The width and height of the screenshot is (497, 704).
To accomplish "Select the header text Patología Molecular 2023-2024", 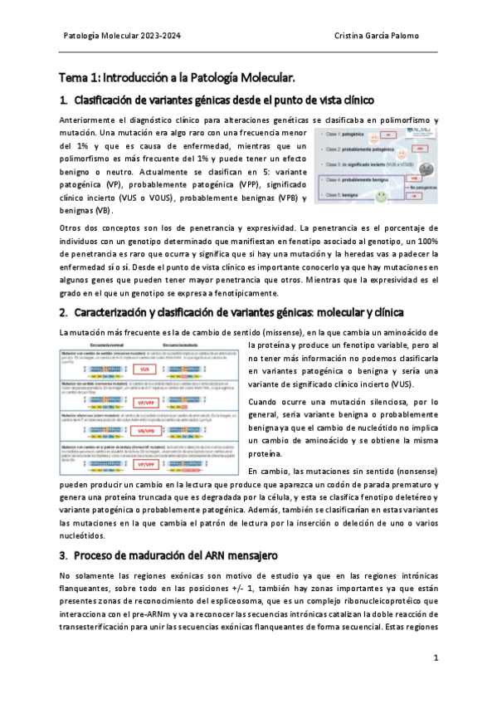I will (x=123, y=37).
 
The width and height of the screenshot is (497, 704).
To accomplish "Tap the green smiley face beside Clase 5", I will (x=381, y=196).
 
